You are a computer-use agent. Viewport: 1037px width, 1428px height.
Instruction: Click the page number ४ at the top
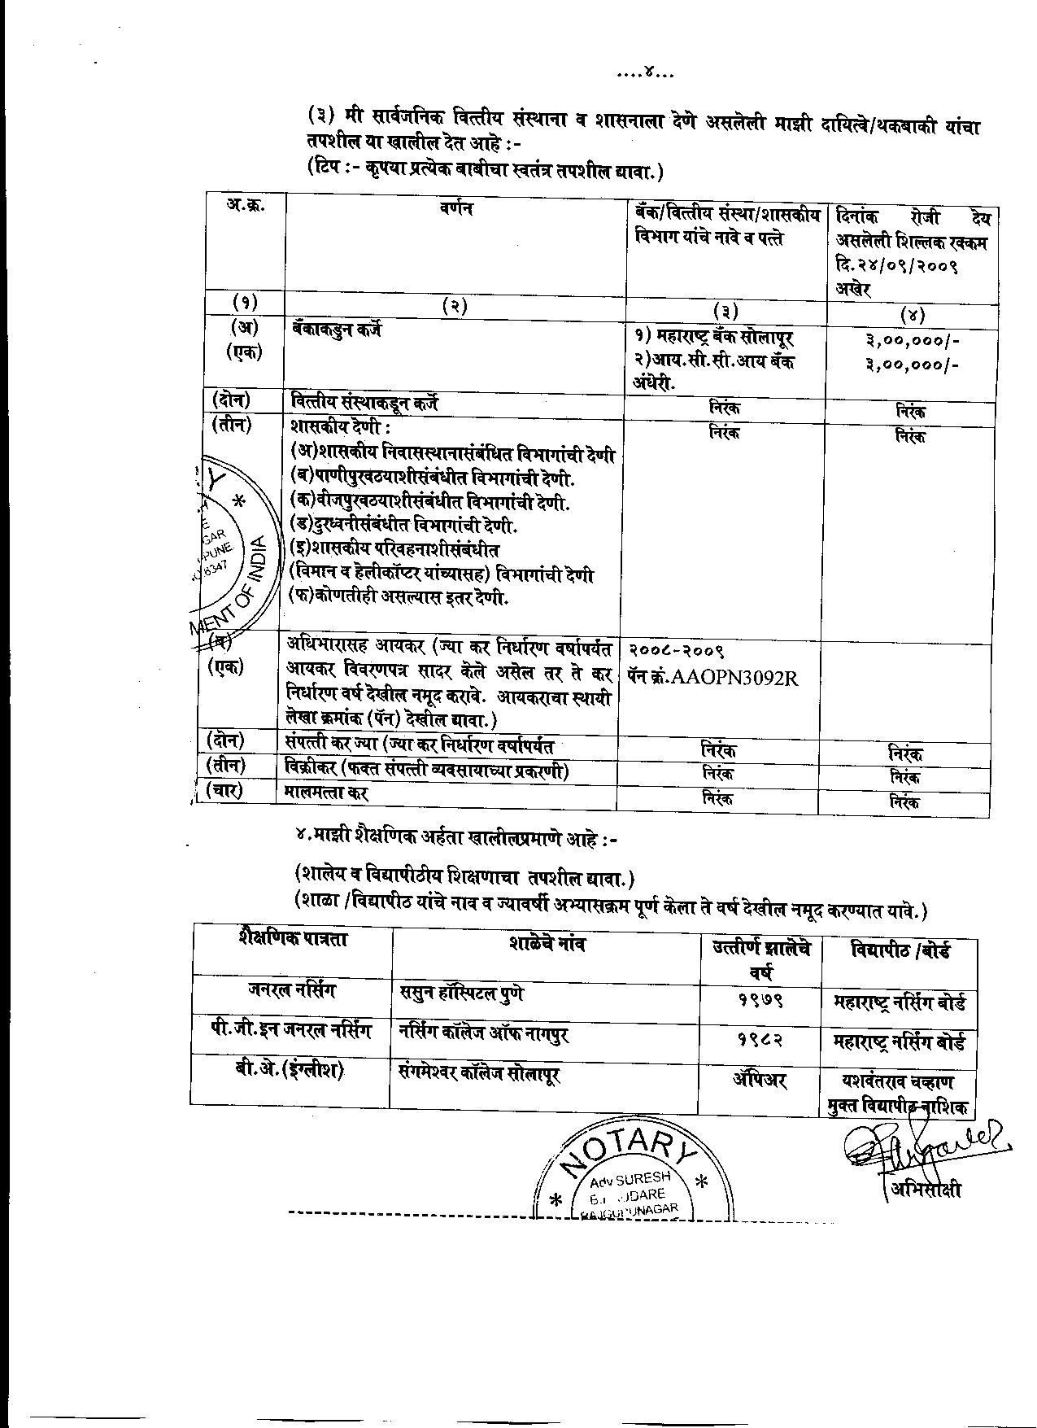click(x=649, y=75)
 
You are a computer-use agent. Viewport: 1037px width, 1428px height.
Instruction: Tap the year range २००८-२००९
click(x=676, y=652)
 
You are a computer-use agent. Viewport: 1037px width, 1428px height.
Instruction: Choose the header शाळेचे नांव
click(x=547, y=944)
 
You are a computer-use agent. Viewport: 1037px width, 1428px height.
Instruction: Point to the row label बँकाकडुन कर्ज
click(x=336, y=330)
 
